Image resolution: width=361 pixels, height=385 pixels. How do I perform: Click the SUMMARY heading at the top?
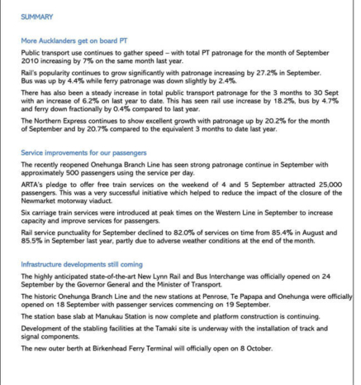pos(38,17)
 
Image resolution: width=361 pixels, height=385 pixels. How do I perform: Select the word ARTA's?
pos(33,186)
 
